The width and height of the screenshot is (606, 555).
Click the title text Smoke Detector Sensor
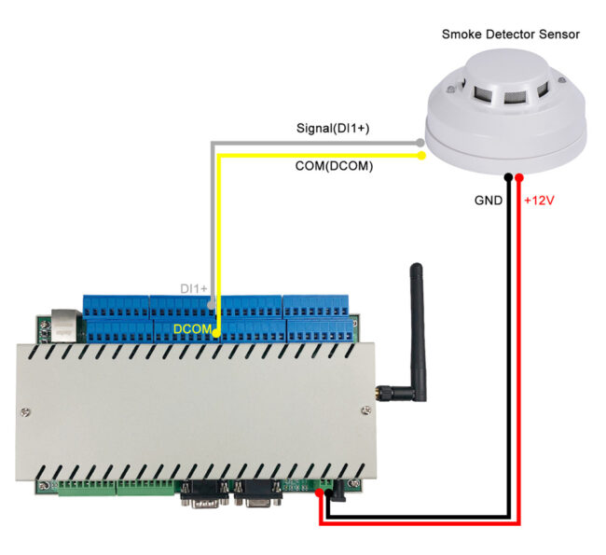tap(510, 34)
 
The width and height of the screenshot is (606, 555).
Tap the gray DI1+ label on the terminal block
tap(193, 290)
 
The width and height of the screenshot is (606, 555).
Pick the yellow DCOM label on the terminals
tap(194, 328)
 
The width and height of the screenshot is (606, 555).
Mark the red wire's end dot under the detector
tap(519, 176)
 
